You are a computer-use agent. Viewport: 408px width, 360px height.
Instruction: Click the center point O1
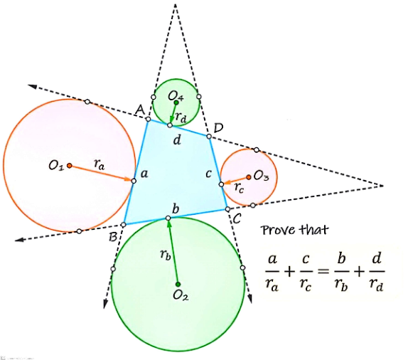69,166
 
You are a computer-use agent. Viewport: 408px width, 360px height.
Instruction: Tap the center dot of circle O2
178,284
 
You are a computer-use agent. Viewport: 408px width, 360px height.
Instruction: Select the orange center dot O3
249,177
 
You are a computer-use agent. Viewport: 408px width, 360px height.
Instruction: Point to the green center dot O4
176,102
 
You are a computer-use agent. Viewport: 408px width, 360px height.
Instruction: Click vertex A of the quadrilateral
148,120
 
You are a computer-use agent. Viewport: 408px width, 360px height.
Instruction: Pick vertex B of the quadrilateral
124,224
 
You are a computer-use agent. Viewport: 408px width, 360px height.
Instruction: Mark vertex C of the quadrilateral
227,209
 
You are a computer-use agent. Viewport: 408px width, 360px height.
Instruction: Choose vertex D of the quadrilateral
209,137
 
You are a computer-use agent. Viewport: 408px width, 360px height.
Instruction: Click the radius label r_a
99,164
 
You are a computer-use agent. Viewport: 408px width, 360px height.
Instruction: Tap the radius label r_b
165,255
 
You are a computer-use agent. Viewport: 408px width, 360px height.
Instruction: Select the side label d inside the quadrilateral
177,140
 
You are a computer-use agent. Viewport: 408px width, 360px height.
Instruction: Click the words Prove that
294,230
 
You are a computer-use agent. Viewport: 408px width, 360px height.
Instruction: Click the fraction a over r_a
272,272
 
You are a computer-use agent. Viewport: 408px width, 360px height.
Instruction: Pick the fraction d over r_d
377,272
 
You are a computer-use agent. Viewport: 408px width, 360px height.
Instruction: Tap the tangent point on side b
168,218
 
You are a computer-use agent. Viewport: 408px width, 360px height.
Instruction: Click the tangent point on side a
134,181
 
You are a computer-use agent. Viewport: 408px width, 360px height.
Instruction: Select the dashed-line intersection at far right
382,186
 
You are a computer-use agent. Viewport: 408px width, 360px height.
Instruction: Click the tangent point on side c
221,184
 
